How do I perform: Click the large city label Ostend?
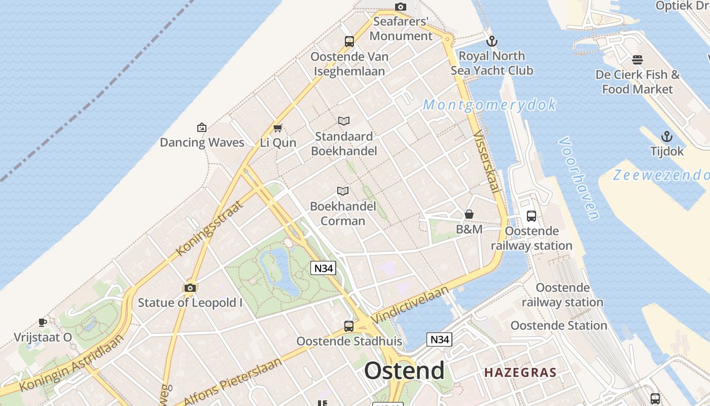404,371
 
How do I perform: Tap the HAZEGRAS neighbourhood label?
520,373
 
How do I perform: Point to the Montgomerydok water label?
489,105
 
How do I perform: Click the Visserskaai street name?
486,162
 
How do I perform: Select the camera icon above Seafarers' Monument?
401,7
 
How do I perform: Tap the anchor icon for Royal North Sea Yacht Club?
491,41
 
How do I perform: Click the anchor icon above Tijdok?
667,137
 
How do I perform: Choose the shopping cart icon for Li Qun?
277,128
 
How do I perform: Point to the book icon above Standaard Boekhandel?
344,121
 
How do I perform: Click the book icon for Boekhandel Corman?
343,191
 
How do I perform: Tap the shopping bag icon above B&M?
469,215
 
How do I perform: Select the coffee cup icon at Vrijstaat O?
43,322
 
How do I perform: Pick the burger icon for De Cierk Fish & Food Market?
637,60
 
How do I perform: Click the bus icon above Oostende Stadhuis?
349,326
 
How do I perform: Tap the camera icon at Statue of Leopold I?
190,288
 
